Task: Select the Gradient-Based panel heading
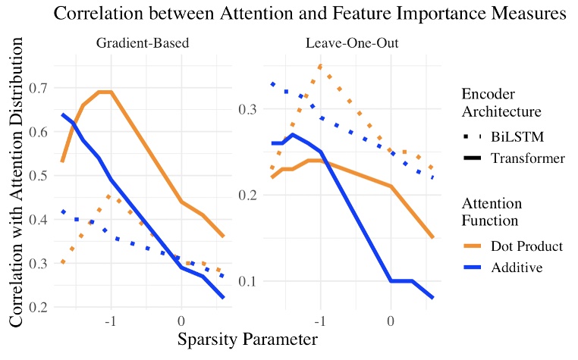point(143,42)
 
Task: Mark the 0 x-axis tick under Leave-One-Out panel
point(390,320)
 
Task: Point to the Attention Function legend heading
point(493,211)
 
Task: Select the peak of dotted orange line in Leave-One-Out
point(320,67)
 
